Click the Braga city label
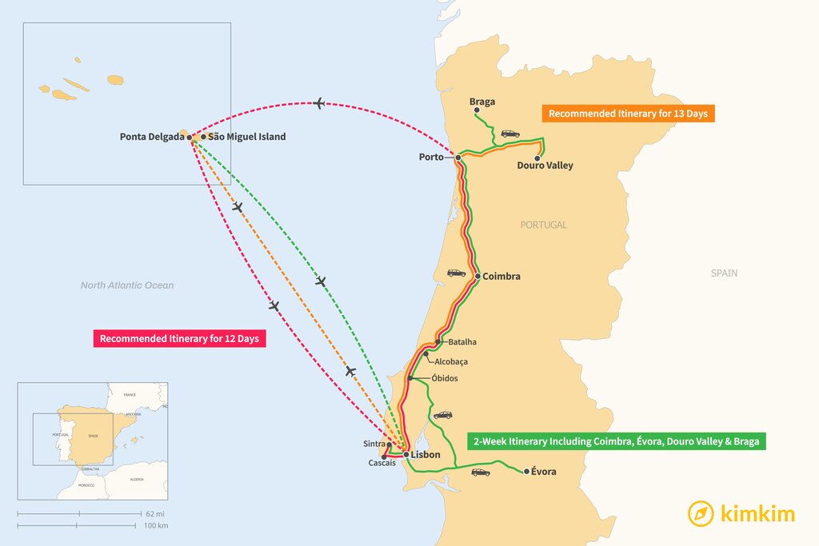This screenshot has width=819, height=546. point(482,102)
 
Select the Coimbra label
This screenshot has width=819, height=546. point(501,277)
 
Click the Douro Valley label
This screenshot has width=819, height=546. point(545,166)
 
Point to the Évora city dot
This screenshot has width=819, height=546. point(525,472)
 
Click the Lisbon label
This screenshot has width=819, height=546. point(425,454)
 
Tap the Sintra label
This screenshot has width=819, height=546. point(374,444)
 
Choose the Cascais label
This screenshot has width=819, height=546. point(382,463)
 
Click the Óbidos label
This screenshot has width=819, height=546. point(444,378)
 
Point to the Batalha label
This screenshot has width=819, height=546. point(461,342)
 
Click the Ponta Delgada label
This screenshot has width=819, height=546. point(152,137)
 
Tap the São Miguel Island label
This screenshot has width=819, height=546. point(246,137)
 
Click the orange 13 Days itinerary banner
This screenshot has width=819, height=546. point(628,114)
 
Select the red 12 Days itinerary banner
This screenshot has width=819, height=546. point(179,339)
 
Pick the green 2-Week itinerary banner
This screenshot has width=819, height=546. point(616,441)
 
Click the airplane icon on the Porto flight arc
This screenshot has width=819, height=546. point(320,103)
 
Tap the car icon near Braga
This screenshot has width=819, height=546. point(510,134)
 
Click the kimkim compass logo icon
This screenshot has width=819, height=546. point(701,513)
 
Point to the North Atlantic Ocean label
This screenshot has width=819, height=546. point(127,285)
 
